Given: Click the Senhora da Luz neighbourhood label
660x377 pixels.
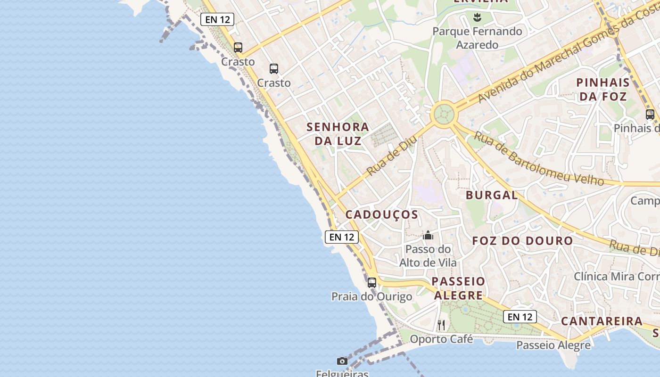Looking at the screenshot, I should pyautogui.click(x=338, y=134).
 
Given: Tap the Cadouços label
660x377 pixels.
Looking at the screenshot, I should pyautogui.click(x=382, y=215).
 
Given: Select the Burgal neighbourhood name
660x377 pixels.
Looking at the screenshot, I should pyautogui.click(x=492, y=195).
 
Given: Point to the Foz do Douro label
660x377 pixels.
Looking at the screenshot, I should pyautogui.click(x=522, y=241).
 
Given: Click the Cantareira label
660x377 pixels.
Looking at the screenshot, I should pyautogui.click(x=602, y=321).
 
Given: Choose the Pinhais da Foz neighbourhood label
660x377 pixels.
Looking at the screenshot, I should pyautogui.click(x=602, y=90).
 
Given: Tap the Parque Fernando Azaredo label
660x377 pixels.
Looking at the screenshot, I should pyautogui.click(x=477, y=38).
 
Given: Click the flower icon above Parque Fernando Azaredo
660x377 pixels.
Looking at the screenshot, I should pyautogui.click(x=477, y=18).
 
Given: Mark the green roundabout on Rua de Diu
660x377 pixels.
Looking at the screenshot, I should pyautogui.click(x=444, y=114).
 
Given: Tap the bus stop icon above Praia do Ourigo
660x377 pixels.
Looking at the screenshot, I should pyautogui.click(x=372, y=283).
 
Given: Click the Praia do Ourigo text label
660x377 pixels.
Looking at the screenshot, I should pyautogui.click(x=371, y=296).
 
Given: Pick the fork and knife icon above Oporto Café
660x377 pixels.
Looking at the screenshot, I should pyautogui.click(x=441, y=325).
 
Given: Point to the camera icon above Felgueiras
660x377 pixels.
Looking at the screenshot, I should pyautogui.click(x=342, y=361).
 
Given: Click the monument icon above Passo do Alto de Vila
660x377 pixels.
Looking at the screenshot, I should pyautogui.click(x=428, y=235).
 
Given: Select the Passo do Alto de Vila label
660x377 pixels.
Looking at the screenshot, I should pyautogui.click(x=428, y=255).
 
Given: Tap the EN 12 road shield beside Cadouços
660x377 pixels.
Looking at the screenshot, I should pyautogui.click(x=342, y=237).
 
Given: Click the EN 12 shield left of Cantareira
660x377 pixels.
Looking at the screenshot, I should pyautogui.click(x=520, y=317).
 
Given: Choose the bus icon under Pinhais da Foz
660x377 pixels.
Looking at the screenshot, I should pyautogui.click(x=650, y=114).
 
